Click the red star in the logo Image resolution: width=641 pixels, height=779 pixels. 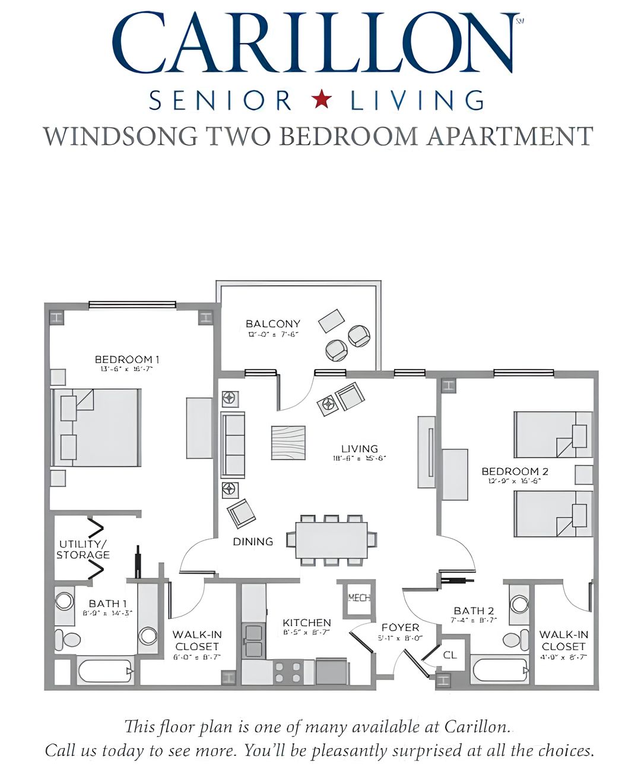click(x=321, y=100)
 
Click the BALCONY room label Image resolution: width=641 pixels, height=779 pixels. click(x=273, y=324)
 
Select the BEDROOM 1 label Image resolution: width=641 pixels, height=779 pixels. click(x=127, y=360)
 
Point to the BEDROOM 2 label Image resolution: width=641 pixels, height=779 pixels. click(x=515, y=472)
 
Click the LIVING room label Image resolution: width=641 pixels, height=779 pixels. click(x=360, y=449)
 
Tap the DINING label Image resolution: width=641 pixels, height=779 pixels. click(x=253, y=542)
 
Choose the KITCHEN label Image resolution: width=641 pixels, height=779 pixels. click(x=306, y=622)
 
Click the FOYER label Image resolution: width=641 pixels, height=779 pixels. click(x=400, y=628)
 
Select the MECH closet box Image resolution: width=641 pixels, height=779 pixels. click(x=358, y=598)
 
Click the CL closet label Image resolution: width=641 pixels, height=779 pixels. click(x=450, y=655)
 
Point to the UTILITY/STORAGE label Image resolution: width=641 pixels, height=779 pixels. click(x=83, y=550)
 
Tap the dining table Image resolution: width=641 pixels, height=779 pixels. click(x=331, y=540)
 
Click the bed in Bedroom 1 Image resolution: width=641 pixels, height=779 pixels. click(x=97, y=427)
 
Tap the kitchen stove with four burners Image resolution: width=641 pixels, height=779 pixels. click(x=288, y=672)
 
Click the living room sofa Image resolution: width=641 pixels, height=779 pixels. click(x=233, y=445)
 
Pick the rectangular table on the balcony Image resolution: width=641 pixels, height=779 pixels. click(x=331, y=321)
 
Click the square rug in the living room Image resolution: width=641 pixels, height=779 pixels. click(x=288, y=443)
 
